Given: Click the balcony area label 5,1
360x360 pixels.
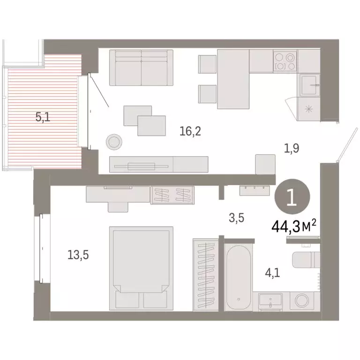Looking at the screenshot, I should [43, 117].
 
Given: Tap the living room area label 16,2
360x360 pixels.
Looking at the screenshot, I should [190, 132].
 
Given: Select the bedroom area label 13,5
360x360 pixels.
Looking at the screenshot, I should [78, 255].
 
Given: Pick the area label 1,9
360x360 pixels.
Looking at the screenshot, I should [291, 149].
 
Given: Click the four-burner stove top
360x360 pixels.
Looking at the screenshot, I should [285, 61].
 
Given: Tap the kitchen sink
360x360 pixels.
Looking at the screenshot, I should [310, 85].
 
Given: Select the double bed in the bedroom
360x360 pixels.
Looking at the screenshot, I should [141, 268].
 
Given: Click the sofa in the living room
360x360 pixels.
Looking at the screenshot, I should [141, 67].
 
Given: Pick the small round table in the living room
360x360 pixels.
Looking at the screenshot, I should [114, 141].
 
